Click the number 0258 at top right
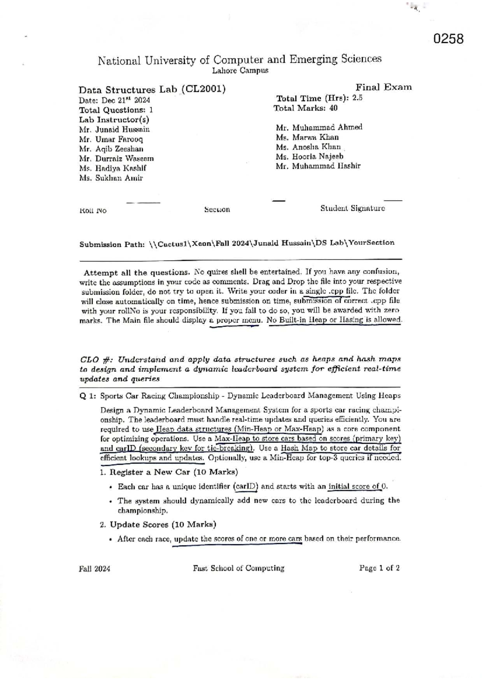tap(449, 39)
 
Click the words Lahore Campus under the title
tap(240, 71)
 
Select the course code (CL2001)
tap(203, 89)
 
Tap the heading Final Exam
tap(383, 87)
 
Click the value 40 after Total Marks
tap(333, 108)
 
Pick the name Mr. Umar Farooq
tap(111, 139)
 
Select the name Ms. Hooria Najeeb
tap(309, 156)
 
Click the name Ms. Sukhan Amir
tap(111, 178)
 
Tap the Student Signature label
tap(352, 208)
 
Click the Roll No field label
tap(93, 211)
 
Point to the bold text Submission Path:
tap(112, 244)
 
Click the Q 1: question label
tap(88, 396)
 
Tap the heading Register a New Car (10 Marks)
tap(174, 472)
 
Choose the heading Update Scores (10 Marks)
tap(163, 525)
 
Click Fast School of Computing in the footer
tap(238, 568)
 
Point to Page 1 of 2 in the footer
tap(379, 568)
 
